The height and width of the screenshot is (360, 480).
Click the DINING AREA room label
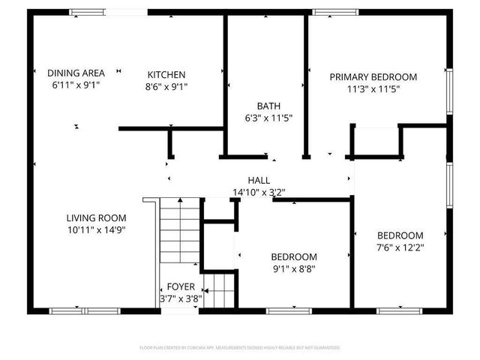pos(76,73)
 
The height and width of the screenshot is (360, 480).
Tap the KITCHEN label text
pos(166,74)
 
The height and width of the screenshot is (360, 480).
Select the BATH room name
pos(268,106)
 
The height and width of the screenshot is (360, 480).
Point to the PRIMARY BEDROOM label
pos(373,76)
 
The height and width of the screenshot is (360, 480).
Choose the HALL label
pos(259,181)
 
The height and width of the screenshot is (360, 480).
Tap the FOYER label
pos(181,286)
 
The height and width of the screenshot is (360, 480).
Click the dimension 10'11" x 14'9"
pos(94,230)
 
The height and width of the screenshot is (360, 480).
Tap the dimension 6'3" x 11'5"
pos(268,118)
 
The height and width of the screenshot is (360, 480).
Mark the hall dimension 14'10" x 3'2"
pos(259,192)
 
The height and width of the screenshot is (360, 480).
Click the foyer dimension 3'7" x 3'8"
pos(181,298)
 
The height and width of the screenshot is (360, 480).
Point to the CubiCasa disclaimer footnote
pos(240,348)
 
